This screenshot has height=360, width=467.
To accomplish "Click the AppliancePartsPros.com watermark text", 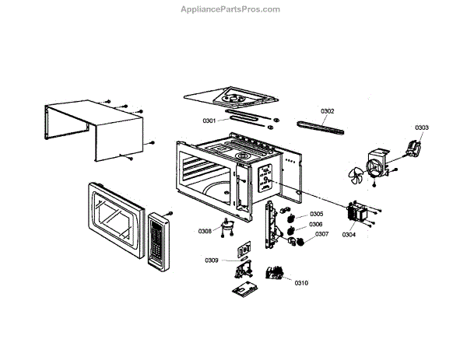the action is coord(230,9).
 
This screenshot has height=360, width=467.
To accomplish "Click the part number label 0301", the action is coord(209,121).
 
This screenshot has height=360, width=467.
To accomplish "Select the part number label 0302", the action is coord(327,111).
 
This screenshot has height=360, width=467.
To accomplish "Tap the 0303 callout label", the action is coord(421,127).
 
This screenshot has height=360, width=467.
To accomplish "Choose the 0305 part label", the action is coord(316,214).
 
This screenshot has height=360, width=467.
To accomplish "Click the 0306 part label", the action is coord(316,224).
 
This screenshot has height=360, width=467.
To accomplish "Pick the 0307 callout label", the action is coord(321,234).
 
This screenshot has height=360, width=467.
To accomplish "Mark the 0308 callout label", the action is coord(205,231).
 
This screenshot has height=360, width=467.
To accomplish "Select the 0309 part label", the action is coord(212,259).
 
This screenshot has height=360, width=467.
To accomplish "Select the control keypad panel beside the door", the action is coord(157,242).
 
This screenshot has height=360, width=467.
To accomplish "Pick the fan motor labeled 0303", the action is coord(415,145).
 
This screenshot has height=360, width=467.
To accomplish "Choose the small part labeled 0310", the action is coord(274,273).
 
